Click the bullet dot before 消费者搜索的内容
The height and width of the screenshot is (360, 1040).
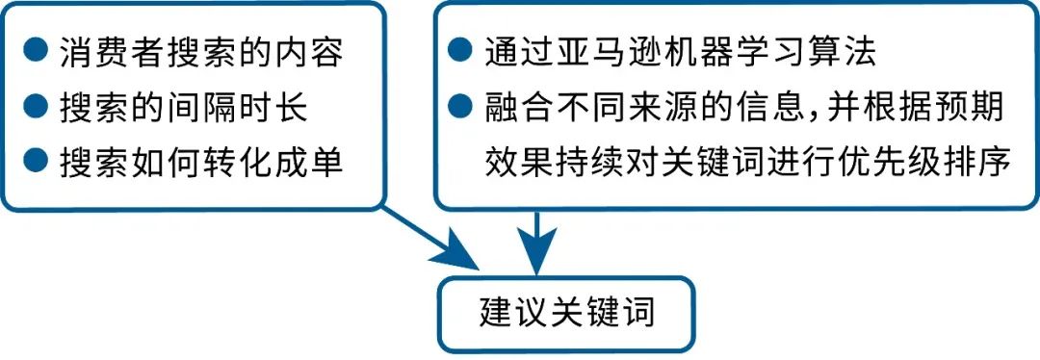36,51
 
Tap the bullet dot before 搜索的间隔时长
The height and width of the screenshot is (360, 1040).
36,107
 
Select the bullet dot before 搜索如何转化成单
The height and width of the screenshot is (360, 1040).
36,163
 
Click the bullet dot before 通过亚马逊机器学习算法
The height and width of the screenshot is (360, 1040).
462,51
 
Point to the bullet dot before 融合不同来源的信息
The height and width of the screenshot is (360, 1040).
462,107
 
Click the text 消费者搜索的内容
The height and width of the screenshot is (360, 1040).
200,52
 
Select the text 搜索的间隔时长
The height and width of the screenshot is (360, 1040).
183,108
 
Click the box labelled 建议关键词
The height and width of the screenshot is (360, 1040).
566,315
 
